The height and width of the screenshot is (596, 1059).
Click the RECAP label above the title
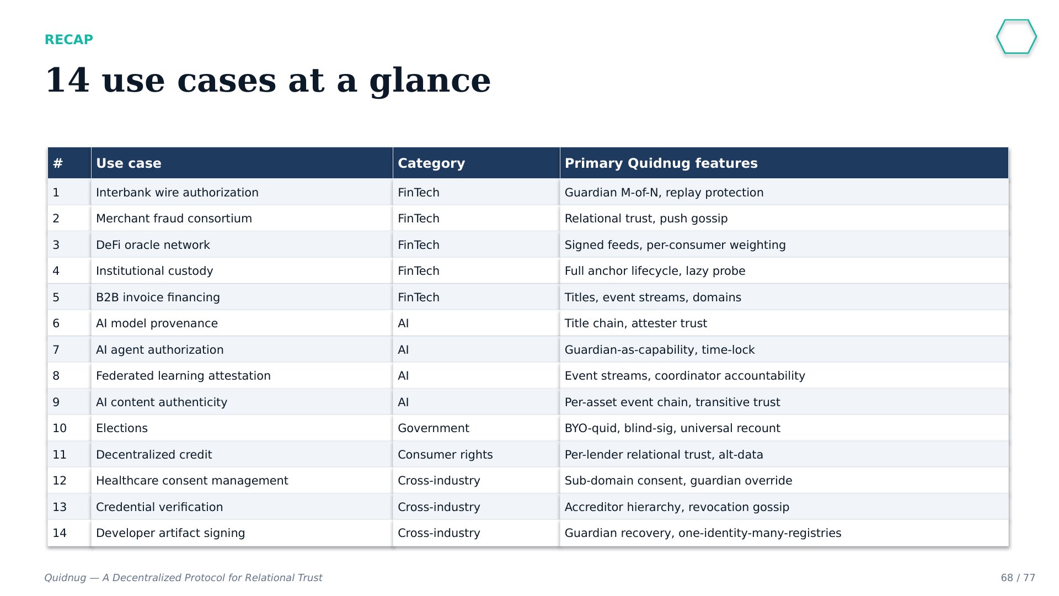click(x=69, y=40)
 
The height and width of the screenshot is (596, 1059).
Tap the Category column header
click(x=431, y=163)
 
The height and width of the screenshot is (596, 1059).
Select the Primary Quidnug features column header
click(x=661, y=163)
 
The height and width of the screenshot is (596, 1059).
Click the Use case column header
click(x=129, y=163)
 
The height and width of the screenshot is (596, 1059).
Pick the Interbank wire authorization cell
click(x=177, y=193)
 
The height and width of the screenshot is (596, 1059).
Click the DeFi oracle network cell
click(x=153, y=245)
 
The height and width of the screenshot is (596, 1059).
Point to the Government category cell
click(x=434, y=428)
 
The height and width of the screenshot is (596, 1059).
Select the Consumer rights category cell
click(x=445, y=455)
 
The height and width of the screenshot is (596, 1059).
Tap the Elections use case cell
click(x=122, y=428)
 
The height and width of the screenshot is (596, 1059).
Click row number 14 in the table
click(x=60, y=533)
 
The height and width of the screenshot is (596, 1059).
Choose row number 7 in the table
click(x=56, y=350)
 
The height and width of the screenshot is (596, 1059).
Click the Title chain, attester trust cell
click(x=635, y=323)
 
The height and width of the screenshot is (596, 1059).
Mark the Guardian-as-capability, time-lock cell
click(x=660, y=350)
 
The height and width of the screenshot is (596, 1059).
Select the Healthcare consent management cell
click(x=192, y=481)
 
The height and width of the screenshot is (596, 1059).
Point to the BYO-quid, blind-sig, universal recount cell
click(x=672, y=428)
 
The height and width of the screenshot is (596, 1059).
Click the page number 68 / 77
click(x=1018, y=578)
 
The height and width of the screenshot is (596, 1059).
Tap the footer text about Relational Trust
click(x=183, y=578)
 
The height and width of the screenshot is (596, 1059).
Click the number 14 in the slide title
click(x=67, y=80)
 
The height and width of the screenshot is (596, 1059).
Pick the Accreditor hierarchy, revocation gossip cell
click(x=677, y=507)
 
